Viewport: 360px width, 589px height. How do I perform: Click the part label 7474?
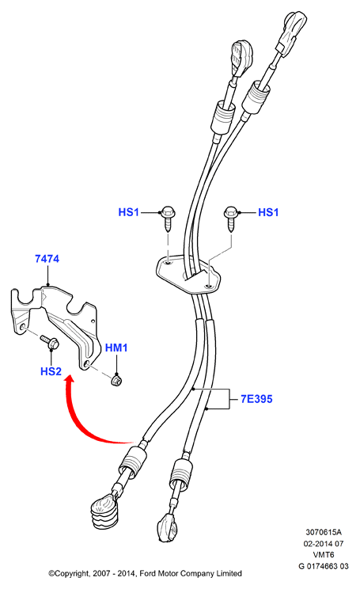(x=47, y=259)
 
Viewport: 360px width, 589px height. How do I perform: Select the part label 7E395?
(x=256, y=399)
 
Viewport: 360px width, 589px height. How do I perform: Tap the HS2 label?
(x=51, y=371)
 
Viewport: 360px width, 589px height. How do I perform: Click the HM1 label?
(x=116, y=348)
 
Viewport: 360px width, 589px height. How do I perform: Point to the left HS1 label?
(x=129, y=212)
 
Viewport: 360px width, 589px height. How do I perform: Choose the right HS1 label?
(x=268, y=213)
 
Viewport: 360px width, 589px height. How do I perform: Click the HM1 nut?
(x=117, y=381)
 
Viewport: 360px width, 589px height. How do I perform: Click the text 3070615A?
(x=324, y=532)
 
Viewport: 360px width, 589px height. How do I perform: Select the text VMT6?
(x=324, y=555)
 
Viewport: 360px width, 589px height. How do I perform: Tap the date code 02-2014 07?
(x=324, y=544)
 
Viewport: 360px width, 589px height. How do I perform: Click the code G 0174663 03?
(x=324, y=566)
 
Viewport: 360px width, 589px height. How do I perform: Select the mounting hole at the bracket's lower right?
(x=87, y=363)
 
